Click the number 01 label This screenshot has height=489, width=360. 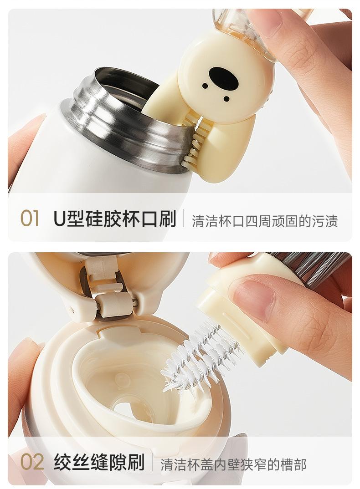pyautogui.click(x=30, y=218)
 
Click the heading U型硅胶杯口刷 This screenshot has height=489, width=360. pyautogui.click(x=115, y=218)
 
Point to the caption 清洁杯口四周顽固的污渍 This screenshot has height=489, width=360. pyautogui.click(x=265, y=221)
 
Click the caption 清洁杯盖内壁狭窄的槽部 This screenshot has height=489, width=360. pyautogui.click(x=233, y=464)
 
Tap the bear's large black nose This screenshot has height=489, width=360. pyautogui.click(x=224, y=76)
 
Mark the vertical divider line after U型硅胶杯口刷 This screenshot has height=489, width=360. pyautogui.click(x=184, y=218)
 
